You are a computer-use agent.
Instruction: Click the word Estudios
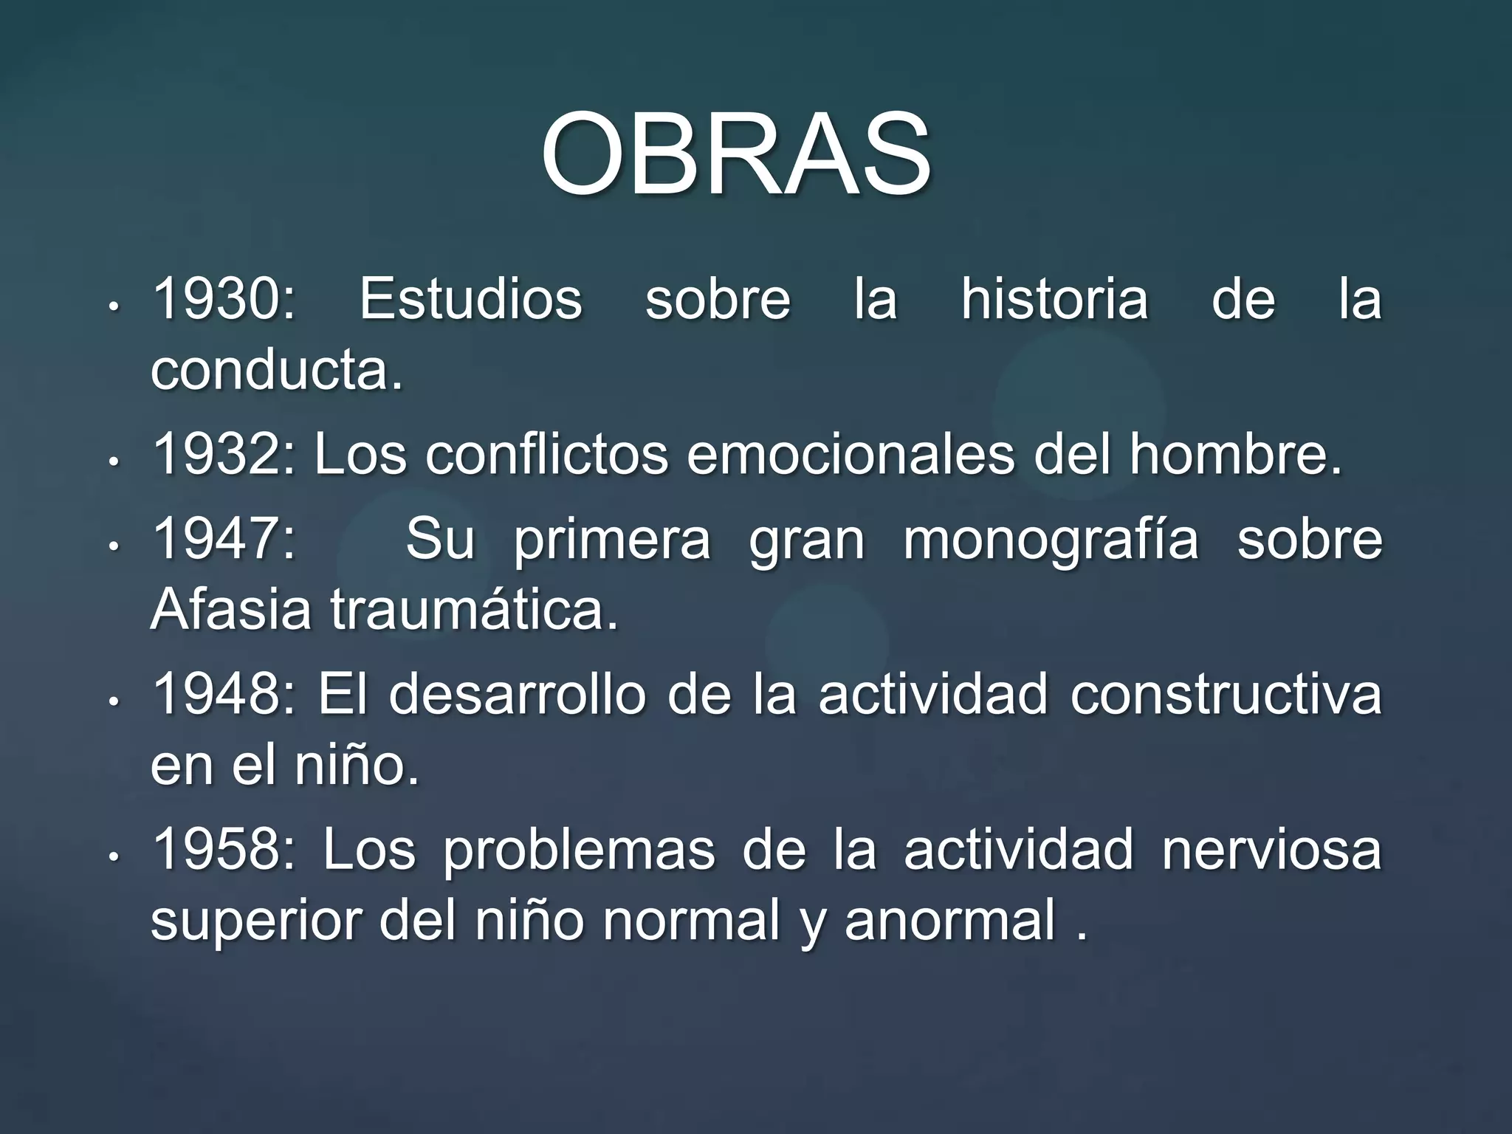[x=471, y=299]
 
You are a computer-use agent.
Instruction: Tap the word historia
[x=1054, y=299]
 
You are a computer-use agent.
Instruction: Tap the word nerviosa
[x=1271, y=850]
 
